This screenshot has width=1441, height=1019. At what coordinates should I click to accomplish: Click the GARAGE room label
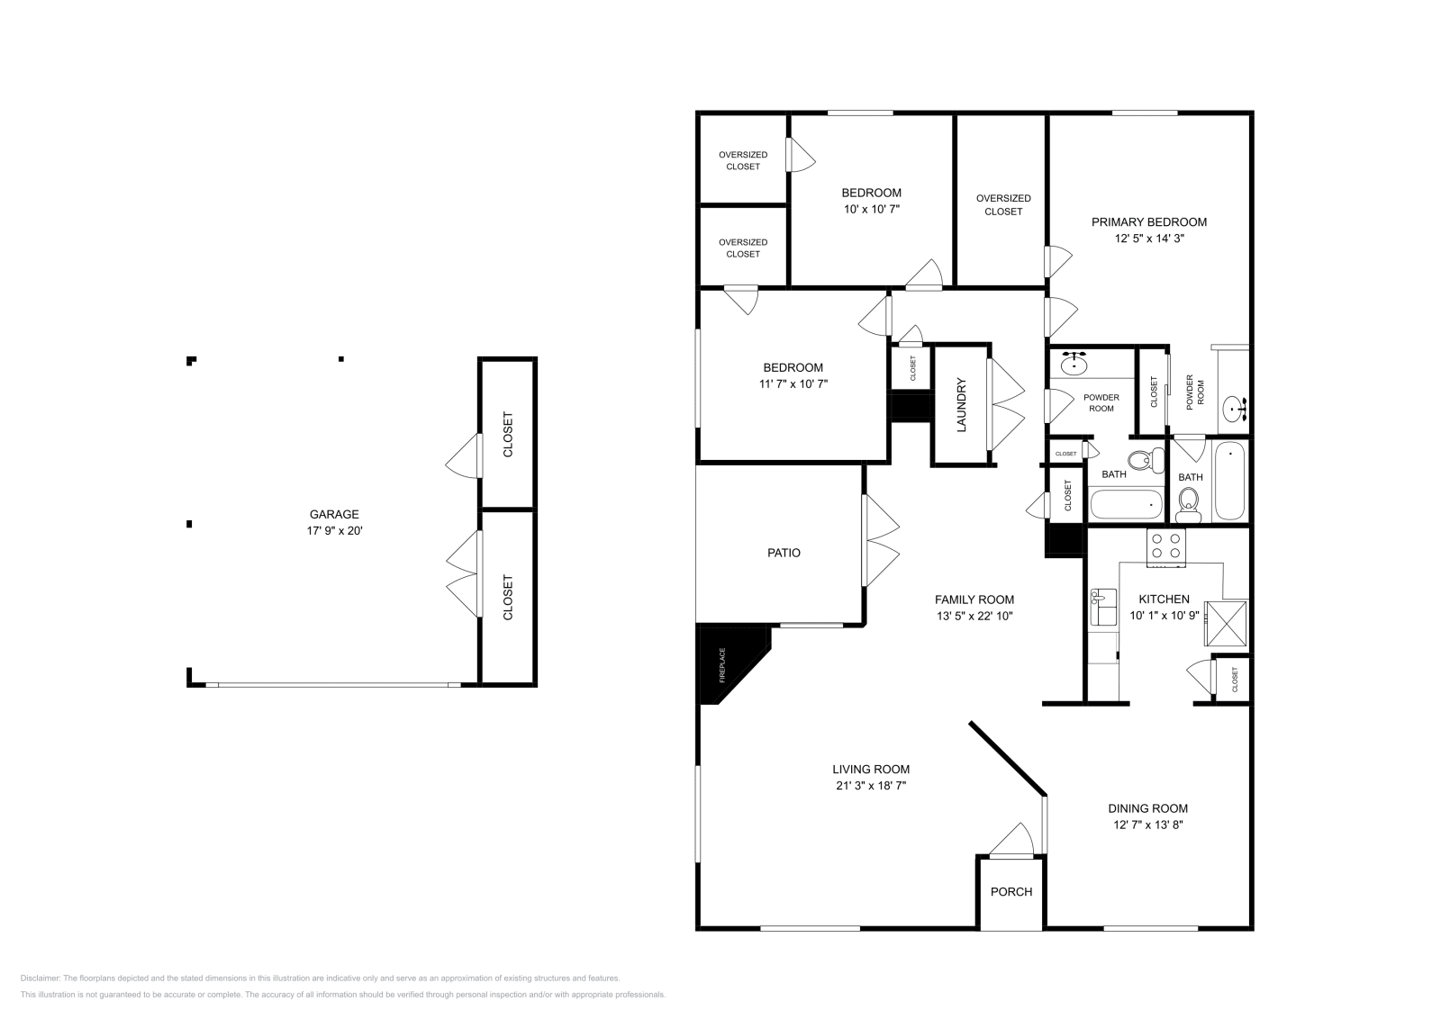(334, 515)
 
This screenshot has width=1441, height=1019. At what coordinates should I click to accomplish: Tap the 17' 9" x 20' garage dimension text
(334, 531)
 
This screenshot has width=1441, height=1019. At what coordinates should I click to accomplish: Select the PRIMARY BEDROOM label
(1149, 222)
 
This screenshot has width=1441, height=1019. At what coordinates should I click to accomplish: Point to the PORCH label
(1011, 892)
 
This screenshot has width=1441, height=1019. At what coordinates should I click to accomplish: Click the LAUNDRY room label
(961, 404)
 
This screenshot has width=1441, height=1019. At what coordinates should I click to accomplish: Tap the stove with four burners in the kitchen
(1166, 546)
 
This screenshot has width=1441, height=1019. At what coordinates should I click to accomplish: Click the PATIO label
(784, 553)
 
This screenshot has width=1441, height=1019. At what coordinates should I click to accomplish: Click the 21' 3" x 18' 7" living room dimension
(871, 786)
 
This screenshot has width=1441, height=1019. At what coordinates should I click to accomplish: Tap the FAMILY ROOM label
(974, 600)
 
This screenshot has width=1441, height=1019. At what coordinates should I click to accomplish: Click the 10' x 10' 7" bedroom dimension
(871, 209)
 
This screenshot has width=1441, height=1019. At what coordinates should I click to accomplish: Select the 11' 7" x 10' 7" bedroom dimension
(793, 383)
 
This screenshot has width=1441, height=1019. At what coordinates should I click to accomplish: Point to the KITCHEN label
(1164, 600)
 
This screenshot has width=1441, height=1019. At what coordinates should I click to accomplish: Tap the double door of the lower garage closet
(464, 573)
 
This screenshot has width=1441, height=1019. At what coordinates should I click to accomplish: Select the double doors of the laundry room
(1006, 404)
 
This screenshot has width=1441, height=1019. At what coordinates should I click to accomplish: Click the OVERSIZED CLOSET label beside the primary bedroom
(1003, 204)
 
